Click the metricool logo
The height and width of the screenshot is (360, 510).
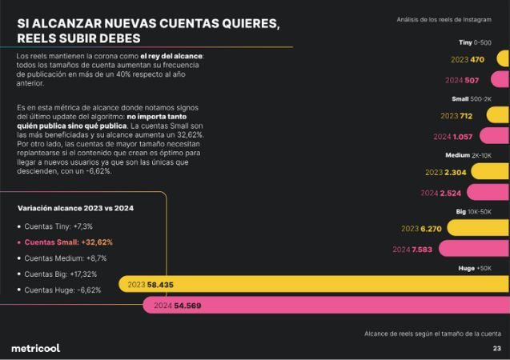coord(35,348)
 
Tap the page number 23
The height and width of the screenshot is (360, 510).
coord(496,349)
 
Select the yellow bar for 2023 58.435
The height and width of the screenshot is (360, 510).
coord(320,284)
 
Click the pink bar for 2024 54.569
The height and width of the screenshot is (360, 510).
coord(336,306)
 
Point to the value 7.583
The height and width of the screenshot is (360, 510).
coord(423,250)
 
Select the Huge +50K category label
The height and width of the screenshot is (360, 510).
coord(475,268)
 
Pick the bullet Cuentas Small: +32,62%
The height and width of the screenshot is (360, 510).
coord(68,242)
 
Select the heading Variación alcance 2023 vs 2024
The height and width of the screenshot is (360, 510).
coord(75,208)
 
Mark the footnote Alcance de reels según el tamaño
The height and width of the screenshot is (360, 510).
coord(432,333)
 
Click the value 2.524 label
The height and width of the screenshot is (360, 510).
coord(450,193)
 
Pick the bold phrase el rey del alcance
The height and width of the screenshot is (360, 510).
coord(171,56)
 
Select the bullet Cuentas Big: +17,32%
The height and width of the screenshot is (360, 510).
coord(65,274)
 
